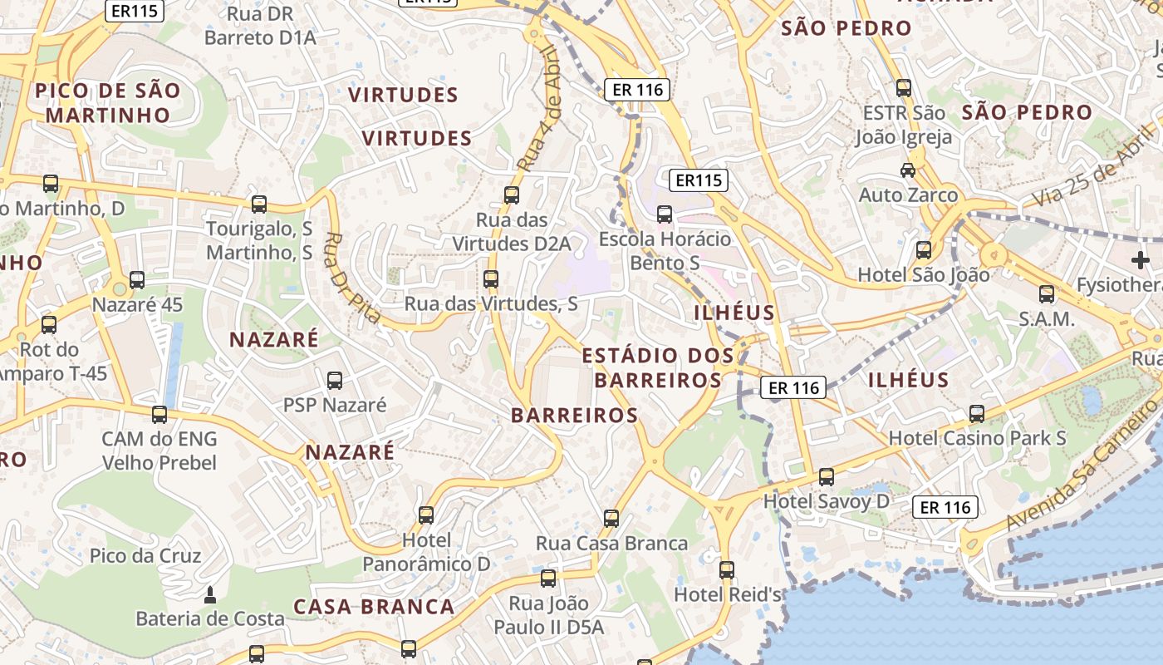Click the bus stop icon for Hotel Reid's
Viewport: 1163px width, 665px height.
pyautogui.click(x=727, y=570)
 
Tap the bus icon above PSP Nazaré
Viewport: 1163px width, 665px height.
pyautogui.click(x=335, y=381)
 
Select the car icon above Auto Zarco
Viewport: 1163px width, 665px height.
pyautogui.click(x=908, y=170)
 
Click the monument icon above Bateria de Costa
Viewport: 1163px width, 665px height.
pyautogui.click(x=209, y=595)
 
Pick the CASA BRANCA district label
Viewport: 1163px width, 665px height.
pyautogui.click(x=374, y=607)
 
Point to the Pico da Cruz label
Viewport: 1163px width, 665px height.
pyautogui.click(x=145, y=555)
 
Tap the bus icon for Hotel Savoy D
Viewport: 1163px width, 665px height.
pyautogui.click(x=826, y=477)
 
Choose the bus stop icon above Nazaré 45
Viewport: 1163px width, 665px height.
pyautogui.click(x=137, y=280)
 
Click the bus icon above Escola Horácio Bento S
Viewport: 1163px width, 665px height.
pyautogui.click(x=665, y=214)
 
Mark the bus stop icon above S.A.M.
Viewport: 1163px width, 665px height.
pyautogui.click(x=1047, y=293)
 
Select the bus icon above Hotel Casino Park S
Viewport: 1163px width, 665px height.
pyautogui.click(x=977, y=413)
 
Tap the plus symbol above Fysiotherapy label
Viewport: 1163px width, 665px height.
pyautogui.click(x=1140, y=260)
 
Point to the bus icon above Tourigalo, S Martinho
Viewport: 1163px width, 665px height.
pyautogui.click(x=259, y=204)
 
